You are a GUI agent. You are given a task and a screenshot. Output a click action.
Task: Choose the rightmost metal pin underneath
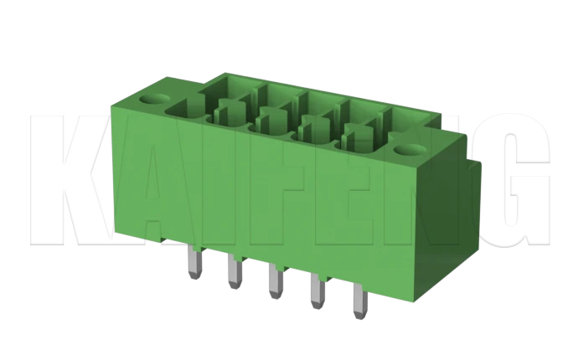point(357,299)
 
